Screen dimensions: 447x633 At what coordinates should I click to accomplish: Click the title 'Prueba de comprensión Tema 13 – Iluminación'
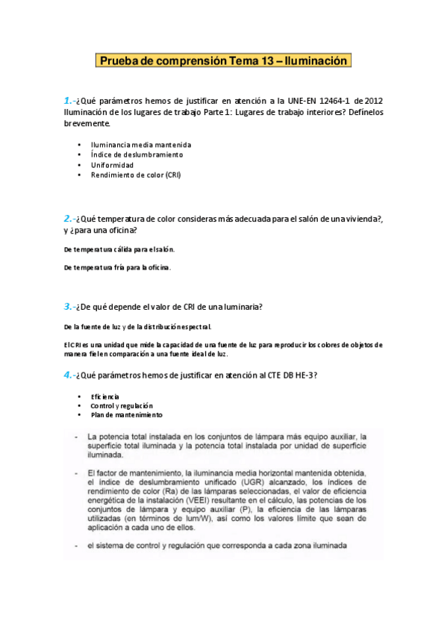point(223,60)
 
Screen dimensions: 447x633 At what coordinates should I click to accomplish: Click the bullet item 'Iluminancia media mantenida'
point(141,144)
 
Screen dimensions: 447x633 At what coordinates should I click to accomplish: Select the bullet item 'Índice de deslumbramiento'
point(137,155)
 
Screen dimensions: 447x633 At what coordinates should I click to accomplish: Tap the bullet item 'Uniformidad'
point(113,164)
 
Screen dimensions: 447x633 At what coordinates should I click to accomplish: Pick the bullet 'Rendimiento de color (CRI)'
point(136,175)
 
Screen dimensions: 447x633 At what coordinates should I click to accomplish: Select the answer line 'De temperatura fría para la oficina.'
point(118,266)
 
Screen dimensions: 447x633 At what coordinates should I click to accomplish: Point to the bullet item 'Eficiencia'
point(104,396)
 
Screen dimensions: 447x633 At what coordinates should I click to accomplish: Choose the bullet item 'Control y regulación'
point(121,405)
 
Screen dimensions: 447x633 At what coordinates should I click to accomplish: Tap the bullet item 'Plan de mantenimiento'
point(127,415)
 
